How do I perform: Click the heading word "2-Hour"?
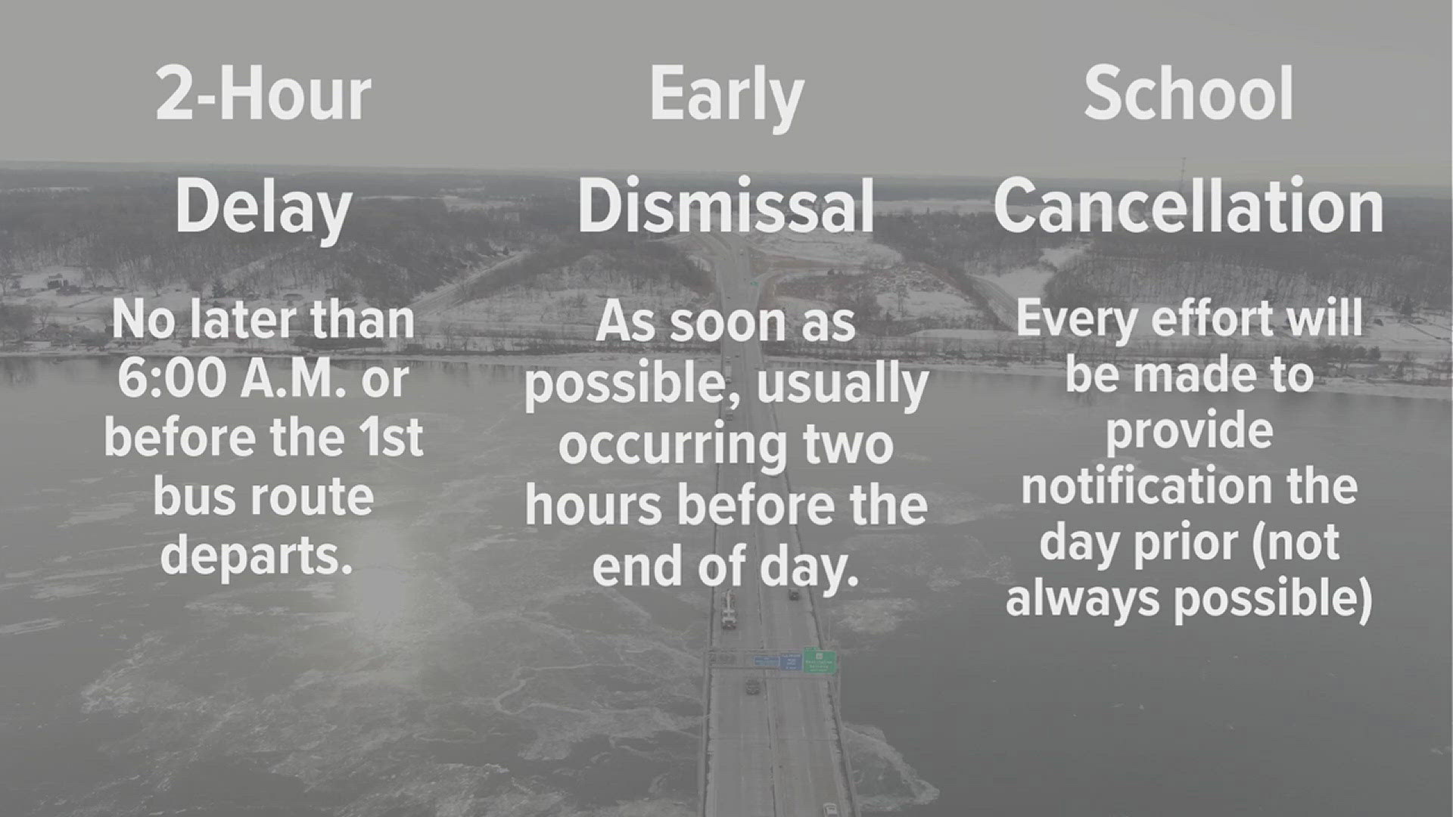263,95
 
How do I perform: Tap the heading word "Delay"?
263,208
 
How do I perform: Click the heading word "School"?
1189,95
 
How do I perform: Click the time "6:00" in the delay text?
172,379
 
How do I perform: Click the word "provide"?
1189,431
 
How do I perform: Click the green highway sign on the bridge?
819,660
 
